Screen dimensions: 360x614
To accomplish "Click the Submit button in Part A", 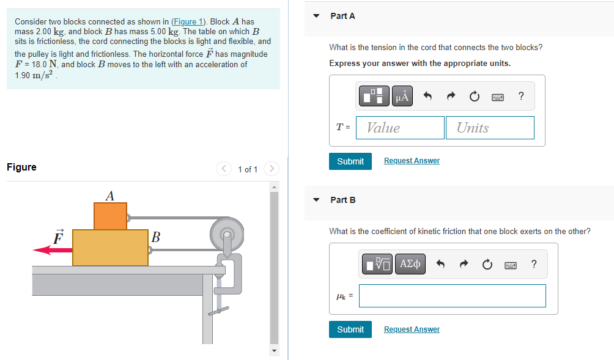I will click(350, 161).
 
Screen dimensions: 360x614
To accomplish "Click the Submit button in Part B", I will click(350, 329).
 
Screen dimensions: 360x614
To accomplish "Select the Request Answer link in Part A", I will click(412, 161).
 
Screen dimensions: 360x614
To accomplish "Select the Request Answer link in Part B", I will click(412, 329).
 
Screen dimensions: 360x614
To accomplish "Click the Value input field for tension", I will click(400, 128).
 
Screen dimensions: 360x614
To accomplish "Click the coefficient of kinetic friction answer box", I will click(452, 296).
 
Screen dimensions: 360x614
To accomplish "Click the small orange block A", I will click(110, 216).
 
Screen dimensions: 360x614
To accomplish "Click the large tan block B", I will click(110, 248).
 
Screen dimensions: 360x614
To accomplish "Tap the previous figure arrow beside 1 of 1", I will click(224, 169).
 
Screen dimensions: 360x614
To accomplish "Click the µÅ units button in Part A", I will click(402, 96).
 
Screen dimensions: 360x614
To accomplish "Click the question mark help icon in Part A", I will click(520, 96).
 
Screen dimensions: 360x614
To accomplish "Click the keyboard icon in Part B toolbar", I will click(511, 265).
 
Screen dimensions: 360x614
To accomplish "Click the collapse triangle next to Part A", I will click(316, 17).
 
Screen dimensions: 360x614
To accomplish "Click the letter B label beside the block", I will click(156, 237).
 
